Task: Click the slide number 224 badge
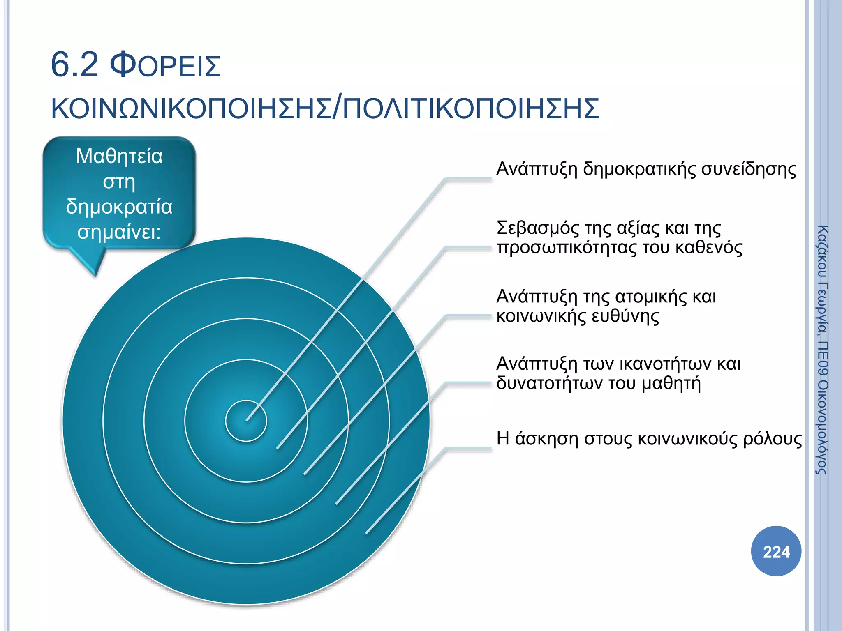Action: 776,551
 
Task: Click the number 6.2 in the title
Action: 74,65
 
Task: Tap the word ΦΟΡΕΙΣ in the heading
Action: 166,66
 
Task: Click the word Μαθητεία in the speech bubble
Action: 119,157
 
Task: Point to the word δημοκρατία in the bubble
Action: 119,207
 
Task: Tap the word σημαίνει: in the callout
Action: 119,232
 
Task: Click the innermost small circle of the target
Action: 246,421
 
